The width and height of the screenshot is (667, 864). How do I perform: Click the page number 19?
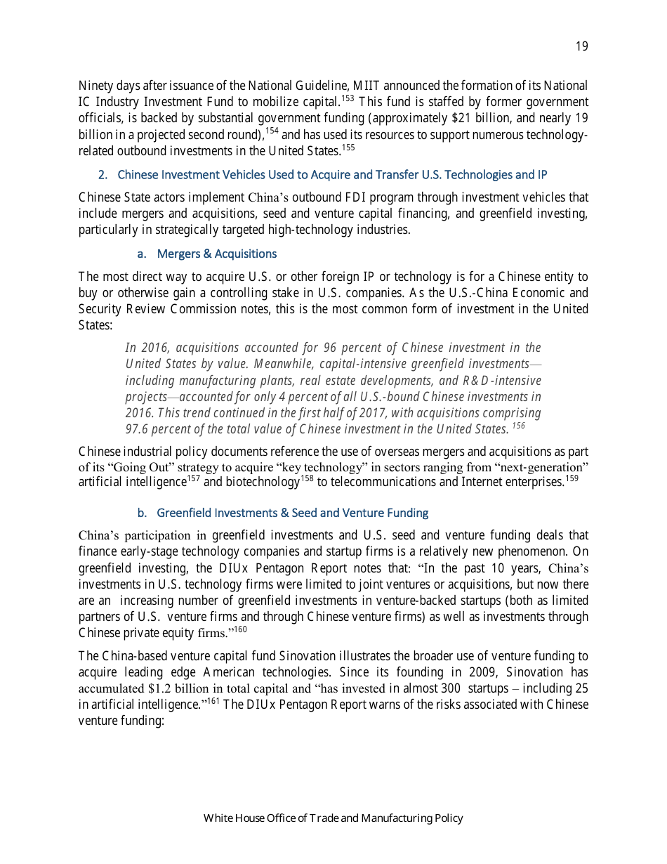[581, 46]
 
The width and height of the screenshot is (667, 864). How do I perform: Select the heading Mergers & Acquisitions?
[216, 254]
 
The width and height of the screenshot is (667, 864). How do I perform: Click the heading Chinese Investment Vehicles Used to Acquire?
[332, 174]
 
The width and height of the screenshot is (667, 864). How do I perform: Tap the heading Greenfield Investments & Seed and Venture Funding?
[292, 513]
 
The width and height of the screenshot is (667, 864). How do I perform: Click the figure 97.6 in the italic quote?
[137, 429]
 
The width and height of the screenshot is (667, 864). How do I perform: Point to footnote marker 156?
[518, 426]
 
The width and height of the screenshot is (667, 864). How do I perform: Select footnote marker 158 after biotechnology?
[307, 478]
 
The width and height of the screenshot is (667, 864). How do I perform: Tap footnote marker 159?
[572, 478]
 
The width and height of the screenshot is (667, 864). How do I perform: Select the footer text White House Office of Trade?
[333, 818]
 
